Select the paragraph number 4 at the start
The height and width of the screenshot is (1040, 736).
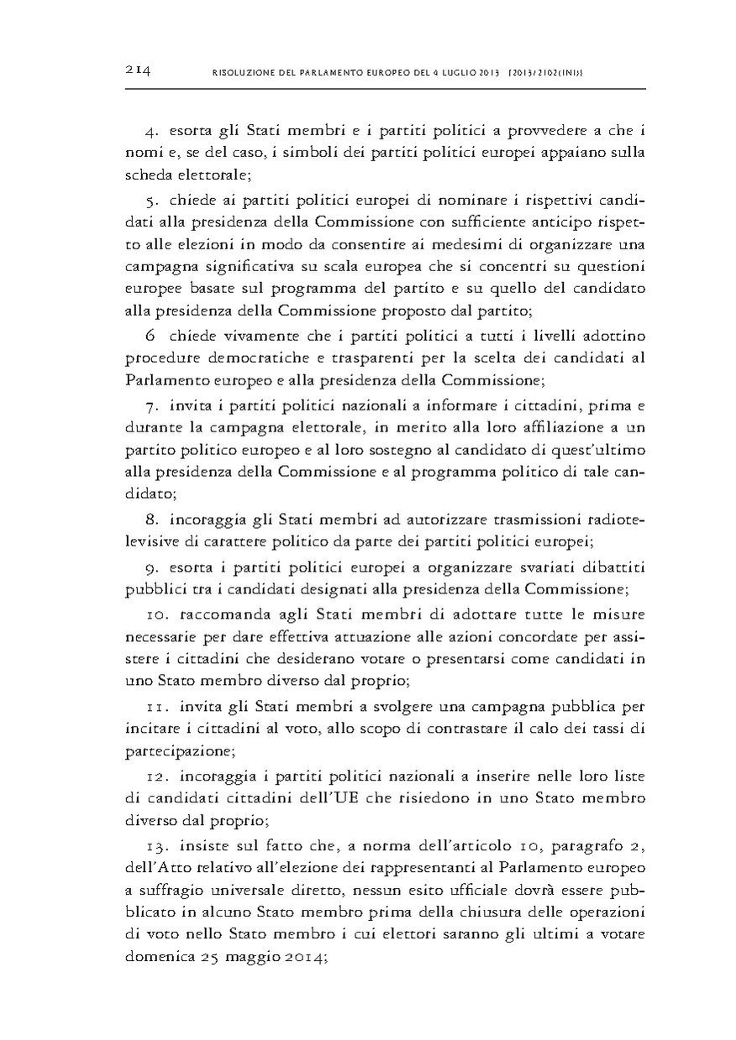(x=152, y=130)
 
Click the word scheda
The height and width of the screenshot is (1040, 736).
(x=148, y=174)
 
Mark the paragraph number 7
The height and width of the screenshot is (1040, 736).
(x=152, y=407)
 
